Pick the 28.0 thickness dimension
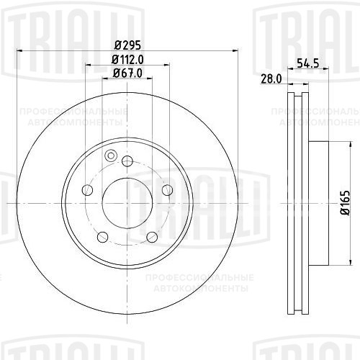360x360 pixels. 270,80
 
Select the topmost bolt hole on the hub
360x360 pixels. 127,161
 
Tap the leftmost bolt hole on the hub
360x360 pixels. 88,190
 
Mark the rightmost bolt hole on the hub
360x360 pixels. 167,190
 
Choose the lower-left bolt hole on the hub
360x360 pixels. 102,237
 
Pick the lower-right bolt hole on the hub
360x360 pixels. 152,237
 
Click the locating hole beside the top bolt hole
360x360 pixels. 111,156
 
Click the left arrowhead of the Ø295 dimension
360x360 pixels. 19,50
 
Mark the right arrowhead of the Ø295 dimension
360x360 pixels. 235,50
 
